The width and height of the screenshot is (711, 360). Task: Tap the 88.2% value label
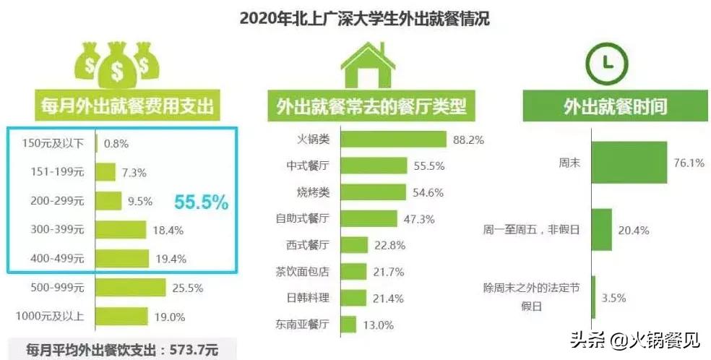tap(468, 140)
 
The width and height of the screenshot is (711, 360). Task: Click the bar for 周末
tap(629, 163)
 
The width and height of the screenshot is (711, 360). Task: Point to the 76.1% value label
tap(689, 163)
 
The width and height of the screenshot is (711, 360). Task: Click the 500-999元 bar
tap(131, 288)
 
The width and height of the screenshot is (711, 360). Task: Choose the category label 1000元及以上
tap(50, 316)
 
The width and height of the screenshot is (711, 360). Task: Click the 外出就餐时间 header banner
tap(604, 107)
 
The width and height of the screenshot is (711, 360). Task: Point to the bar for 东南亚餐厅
tap(346, 324)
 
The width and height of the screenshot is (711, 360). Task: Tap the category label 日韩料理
tap(307, 297)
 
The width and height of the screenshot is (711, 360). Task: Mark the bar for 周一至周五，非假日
tap(601, 230)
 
